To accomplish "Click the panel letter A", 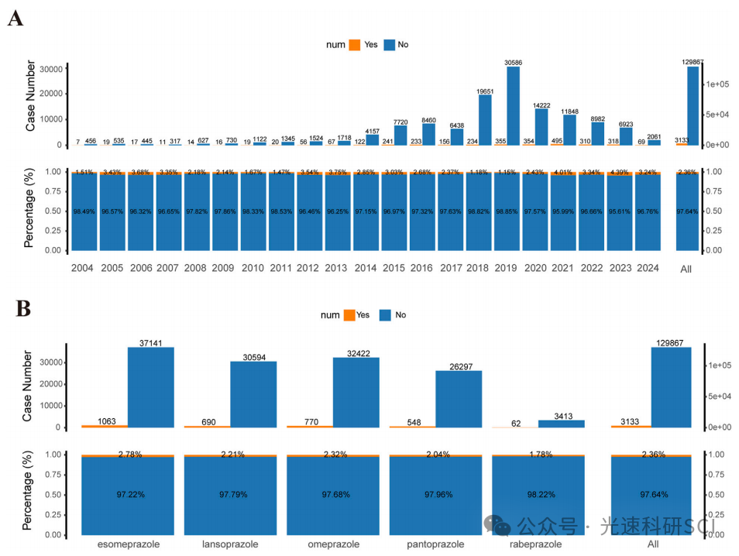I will coord(15,19).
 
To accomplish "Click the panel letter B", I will coord(23,308).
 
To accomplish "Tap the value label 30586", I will coord(513,62).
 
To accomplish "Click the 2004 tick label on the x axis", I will coord(84,268).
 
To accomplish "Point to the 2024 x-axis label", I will coord(648,268).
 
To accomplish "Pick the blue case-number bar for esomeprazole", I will coord(151,387).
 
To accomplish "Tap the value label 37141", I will coord(151,342).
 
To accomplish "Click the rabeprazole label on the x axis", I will coord(538,544).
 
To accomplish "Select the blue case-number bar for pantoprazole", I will coord(459,399).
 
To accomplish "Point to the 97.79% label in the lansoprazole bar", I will coord(230,494).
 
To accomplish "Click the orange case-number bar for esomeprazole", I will coord(105,426).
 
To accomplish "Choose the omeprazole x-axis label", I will coord(333,544).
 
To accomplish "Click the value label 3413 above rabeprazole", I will coord(562,415).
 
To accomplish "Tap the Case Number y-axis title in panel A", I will coord(31,99).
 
